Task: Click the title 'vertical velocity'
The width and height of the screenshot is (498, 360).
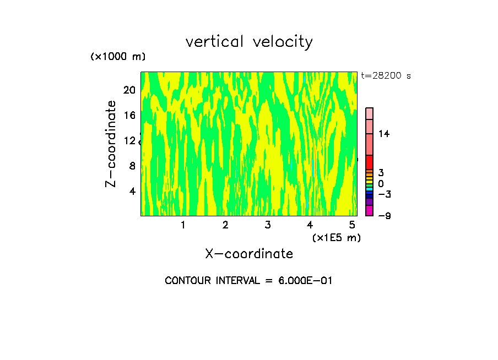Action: point(249,42)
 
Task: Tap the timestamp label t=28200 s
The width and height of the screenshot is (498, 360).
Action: point(386,76)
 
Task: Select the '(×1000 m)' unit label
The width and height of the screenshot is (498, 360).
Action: point(118,57)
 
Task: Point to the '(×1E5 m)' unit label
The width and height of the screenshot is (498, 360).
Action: point(336,237)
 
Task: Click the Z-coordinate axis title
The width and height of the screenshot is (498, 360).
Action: point(111,144)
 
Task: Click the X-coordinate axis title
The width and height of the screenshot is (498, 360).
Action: point(249,254)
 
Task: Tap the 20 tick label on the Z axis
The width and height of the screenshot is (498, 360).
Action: point(128,90)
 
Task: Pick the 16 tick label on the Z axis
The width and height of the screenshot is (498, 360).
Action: point(128,115)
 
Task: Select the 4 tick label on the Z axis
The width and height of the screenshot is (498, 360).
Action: point(132,191)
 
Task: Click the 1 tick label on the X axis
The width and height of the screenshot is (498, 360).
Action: point(183,225)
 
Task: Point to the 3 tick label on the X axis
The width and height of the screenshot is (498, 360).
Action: point(268,225)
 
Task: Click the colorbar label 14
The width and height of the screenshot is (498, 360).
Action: point(384,134)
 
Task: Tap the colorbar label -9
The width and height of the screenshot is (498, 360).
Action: point(384,216)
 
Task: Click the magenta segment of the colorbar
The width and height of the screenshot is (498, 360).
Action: point(370,211)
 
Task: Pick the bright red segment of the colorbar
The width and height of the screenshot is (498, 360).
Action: point(370,162)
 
